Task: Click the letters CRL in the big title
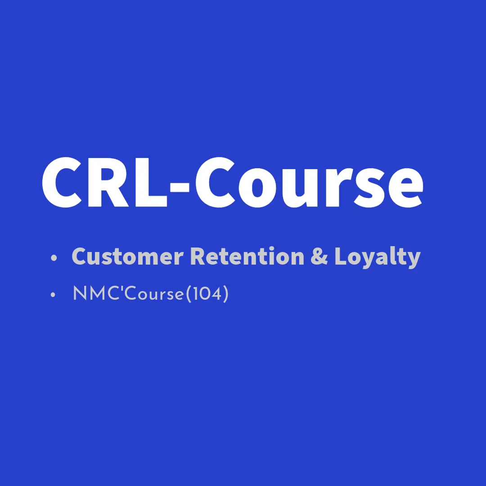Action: point(104,182)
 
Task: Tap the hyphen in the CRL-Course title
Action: point(180,188)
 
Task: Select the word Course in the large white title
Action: point(309,182)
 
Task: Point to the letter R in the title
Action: point(108,183)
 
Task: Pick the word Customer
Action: point(127,256)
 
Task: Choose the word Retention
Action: point(247,256)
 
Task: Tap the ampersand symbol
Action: point(319,256)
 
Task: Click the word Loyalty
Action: point(377,257)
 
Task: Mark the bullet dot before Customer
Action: point(54,257)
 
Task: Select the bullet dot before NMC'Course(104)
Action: point(53,294)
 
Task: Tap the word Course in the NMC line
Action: point(154,293)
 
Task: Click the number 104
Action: point(207,293)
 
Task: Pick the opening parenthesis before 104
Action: point(189,294)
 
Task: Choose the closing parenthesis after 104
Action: point(225,294)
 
